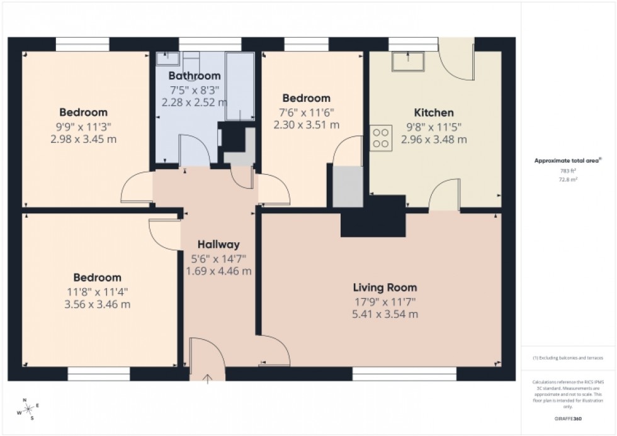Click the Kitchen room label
click(434, 113)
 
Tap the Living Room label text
click(385, 288)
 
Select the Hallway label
click(218, 244)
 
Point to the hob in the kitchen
click(380, 137)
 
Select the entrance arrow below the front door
click(208, 378)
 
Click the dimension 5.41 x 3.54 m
click(385, 314)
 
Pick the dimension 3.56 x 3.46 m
click(97, 305)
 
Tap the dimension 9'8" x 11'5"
click(434, 126)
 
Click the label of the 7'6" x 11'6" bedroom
click(306, 98)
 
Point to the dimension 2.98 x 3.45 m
click(83, 139)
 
